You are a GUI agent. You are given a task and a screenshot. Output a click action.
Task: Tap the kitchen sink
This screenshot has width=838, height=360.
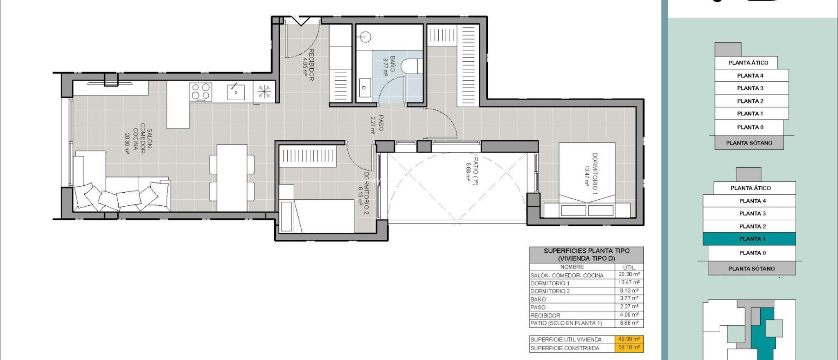[236, 92]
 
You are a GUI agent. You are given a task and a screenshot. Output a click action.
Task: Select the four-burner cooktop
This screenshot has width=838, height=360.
[200, 92]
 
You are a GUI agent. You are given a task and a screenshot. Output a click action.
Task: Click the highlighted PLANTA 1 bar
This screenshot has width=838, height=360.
[749, 239]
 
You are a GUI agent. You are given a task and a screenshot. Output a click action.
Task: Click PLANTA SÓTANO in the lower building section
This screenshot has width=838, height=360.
[751, 269]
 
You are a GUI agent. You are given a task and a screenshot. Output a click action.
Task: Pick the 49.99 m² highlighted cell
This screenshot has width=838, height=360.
[629, 339]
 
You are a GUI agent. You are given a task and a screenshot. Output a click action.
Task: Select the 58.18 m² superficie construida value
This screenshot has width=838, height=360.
[629, 348]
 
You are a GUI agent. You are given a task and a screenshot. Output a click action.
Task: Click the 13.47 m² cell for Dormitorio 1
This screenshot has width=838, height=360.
[629, 283]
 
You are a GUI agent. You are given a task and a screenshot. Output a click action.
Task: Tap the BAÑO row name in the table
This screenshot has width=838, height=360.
[538, 299]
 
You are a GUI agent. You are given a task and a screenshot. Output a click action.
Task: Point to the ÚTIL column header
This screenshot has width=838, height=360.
[629, 267]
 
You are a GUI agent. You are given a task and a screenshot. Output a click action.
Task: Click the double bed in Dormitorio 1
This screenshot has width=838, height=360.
[587, 180]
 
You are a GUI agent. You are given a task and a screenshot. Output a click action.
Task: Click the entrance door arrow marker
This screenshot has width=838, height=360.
[301, 21]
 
